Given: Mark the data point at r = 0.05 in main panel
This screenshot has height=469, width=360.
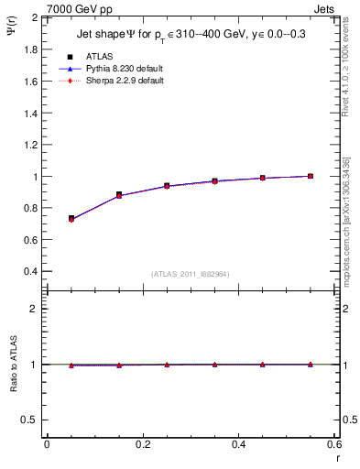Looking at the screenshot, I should [71, 219].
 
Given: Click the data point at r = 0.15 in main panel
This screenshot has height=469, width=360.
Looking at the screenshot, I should [119, 195].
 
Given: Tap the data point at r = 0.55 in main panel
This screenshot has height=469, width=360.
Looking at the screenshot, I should [311, 176].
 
